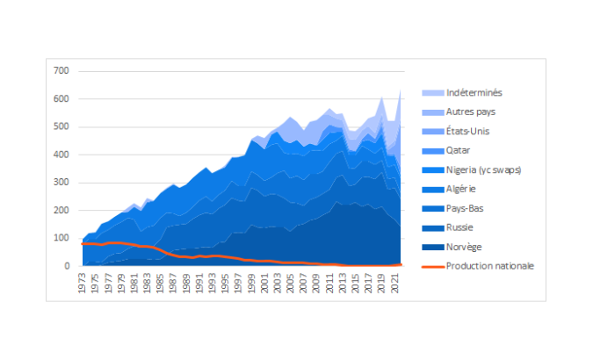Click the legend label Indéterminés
coord(474,92)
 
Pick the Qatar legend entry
coord(459,150)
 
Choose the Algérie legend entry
coord(462,189)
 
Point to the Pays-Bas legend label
coord(466,208)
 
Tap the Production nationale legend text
coord(489,266)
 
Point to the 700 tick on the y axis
coord(61,71)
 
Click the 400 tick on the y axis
coord(61,155)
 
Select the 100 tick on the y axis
coord(61,238)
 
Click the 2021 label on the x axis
coord(395,282)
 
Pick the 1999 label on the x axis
coord(252,282)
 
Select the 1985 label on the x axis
coord(162,282)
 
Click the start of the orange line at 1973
coord(83,244)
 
